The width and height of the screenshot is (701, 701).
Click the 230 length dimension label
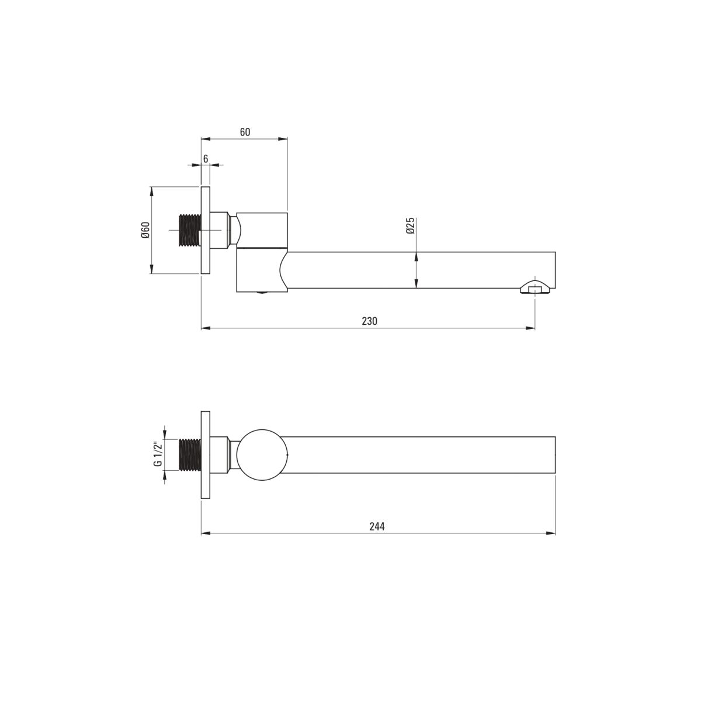point(369,321)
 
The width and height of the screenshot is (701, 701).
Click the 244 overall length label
point(377,526)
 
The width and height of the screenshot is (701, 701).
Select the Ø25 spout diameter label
point(410,225)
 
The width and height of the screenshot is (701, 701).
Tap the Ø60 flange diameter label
point(145,230)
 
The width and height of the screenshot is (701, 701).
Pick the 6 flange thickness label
point(206,159)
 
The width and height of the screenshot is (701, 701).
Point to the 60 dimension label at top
point(245,131)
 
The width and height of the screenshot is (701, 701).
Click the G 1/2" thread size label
point(158,454)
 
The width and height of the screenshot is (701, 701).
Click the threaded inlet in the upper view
point(190,230)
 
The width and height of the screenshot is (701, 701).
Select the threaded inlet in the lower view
point(190,454)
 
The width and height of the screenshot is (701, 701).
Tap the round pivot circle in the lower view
point(262,454)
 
